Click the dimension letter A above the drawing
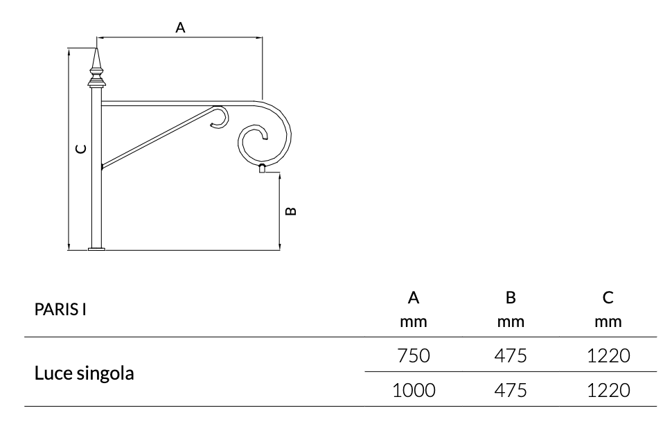(180, 28)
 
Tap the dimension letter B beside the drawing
(291, 210)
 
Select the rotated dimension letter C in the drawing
(81, 148)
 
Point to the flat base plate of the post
(97, 248)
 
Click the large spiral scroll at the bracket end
(263, 139)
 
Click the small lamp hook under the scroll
(263, 168)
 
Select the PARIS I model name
(60, 309)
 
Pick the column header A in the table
(414, 298)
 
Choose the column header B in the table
(511, 298)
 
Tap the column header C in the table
(608, 298)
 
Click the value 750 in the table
(414, 356)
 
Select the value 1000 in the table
(414, 391)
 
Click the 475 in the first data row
(511, 356)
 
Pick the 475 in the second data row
(511, 391)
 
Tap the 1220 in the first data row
(608, 356)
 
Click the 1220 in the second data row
(608, 391)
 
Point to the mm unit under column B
(511, 322)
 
